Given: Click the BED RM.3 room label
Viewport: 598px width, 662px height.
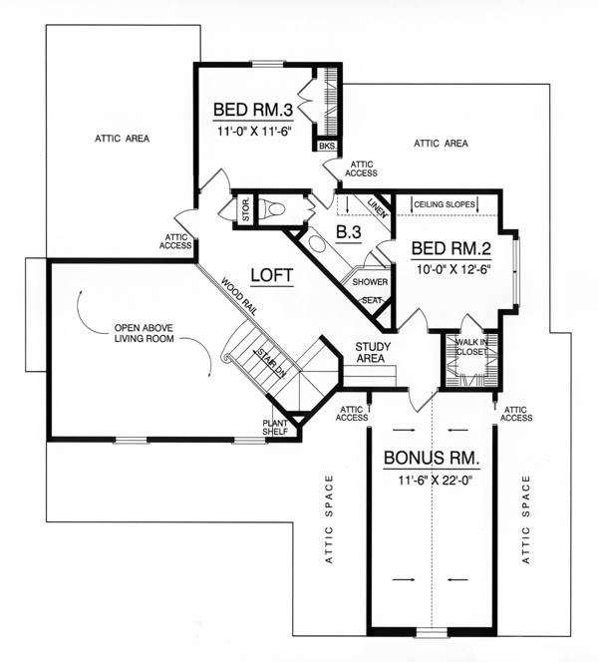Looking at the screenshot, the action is pyautogui.click(x=253, y=110).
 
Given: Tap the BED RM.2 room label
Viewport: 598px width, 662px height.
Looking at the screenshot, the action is pyautogui.click(x=451, y=248).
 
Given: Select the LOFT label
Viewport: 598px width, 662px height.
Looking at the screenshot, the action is pyautogui.click(x=272, y=275).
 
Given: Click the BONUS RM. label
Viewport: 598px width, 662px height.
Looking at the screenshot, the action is pyautogui.click(x=432, y=458).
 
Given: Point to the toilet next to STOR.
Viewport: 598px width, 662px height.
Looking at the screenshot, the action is pyautogui.click(x=272, y=208).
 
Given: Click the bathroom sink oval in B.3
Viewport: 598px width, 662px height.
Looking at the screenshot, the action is pyautogui.click(x=315, y=243).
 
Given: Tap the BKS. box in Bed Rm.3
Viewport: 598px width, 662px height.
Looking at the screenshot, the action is pyautogui.click(x=327, y=146).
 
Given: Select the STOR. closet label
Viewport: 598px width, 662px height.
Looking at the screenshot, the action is pyautogui.click(x=245, y=208).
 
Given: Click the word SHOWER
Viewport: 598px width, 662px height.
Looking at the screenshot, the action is pyautogui.click(x=370, y=282).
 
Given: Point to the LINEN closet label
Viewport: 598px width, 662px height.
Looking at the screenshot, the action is pyautogui.click(x=378, y=207).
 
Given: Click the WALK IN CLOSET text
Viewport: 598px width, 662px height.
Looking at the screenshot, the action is pyautogui.click(x=471, y=347).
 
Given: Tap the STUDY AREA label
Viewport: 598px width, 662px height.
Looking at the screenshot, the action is pyautogui.click(x=373, y=353).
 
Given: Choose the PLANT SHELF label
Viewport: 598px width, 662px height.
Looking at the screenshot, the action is pyautogui.click(x=275, y=428).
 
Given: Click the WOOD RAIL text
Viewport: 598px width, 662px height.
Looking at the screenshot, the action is pyautogui.click(x=239, y=296).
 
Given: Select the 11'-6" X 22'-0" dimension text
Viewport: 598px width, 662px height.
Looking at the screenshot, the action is pyautogui.click(x=435, y=481).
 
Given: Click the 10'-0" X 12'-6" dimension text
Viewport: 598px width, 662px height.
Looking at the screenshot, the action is pyautogui.click(x=452, y=270).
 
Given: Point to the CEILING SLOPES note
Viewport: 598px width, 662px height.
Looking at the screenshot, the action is pyautogui.click(x=445, y=204).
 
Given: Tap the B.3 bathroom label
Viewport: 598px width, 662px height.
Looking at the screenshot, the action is pyautogui.click(x=349, y=231).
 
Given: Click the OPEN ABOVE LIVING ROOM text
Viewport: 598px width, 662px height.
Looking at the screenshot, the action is pyautogui.click(x=144, y=333).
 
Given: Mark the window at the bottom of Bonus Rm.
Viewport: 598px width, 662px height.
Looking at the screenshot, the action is pyautogui.click(x=432, y=632).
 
